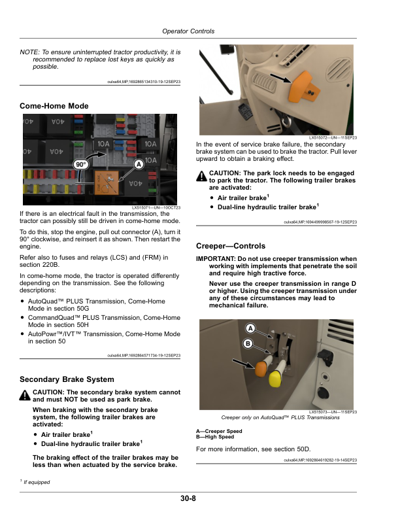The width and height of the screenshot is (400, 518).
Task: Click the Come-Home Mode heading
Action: (54, 105)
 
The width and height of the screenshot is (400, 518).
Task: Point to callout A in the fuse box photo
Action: (139, 163)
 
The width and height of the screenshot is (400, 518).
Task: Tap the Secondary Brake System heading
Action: (67, 379)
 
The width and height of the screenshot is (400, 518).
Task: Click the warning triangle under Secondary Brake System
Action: (25, 395)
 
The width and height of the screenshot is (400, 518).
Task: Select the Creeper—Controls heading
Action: (231, 247)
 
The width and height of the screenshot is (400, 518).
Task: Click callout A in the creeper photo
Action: (251, 328)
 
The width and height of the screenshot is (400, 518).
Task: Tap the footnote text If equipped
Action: (38, 482)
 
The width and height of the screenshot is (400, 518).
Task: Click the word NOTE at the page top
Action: (29, 52)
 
